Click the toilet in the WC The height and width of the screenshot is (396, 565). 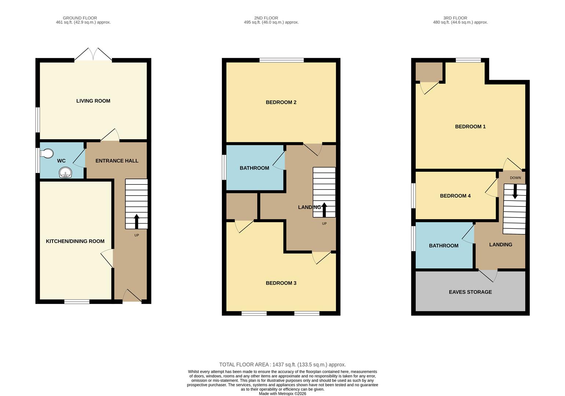[47, 153]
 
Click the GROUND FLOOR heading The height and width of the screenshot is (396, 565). [80, 18]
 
